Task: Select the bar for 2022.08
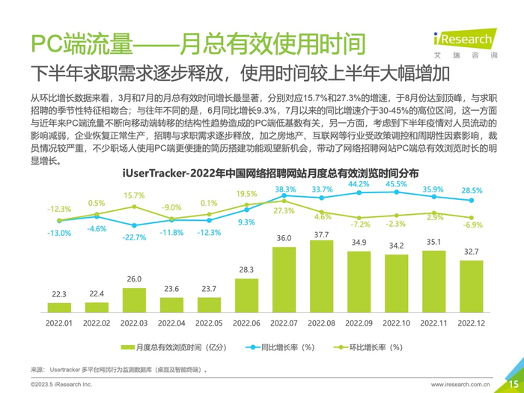321,277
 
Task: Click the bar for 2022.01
59,307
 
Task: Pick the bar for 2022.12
471,285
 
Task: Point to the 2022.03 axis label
134,323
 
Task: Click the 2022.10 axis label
396,323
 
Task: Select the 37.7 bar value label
321,235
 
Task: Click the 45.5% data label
396,184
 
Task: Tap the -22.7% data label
134,237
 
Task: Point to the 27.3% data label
284,211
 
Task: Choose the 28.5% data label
472,191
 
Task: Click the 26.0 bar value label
134,278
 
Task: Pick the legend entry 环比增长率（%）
366,347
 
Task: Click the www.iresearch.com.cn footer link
461,383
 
